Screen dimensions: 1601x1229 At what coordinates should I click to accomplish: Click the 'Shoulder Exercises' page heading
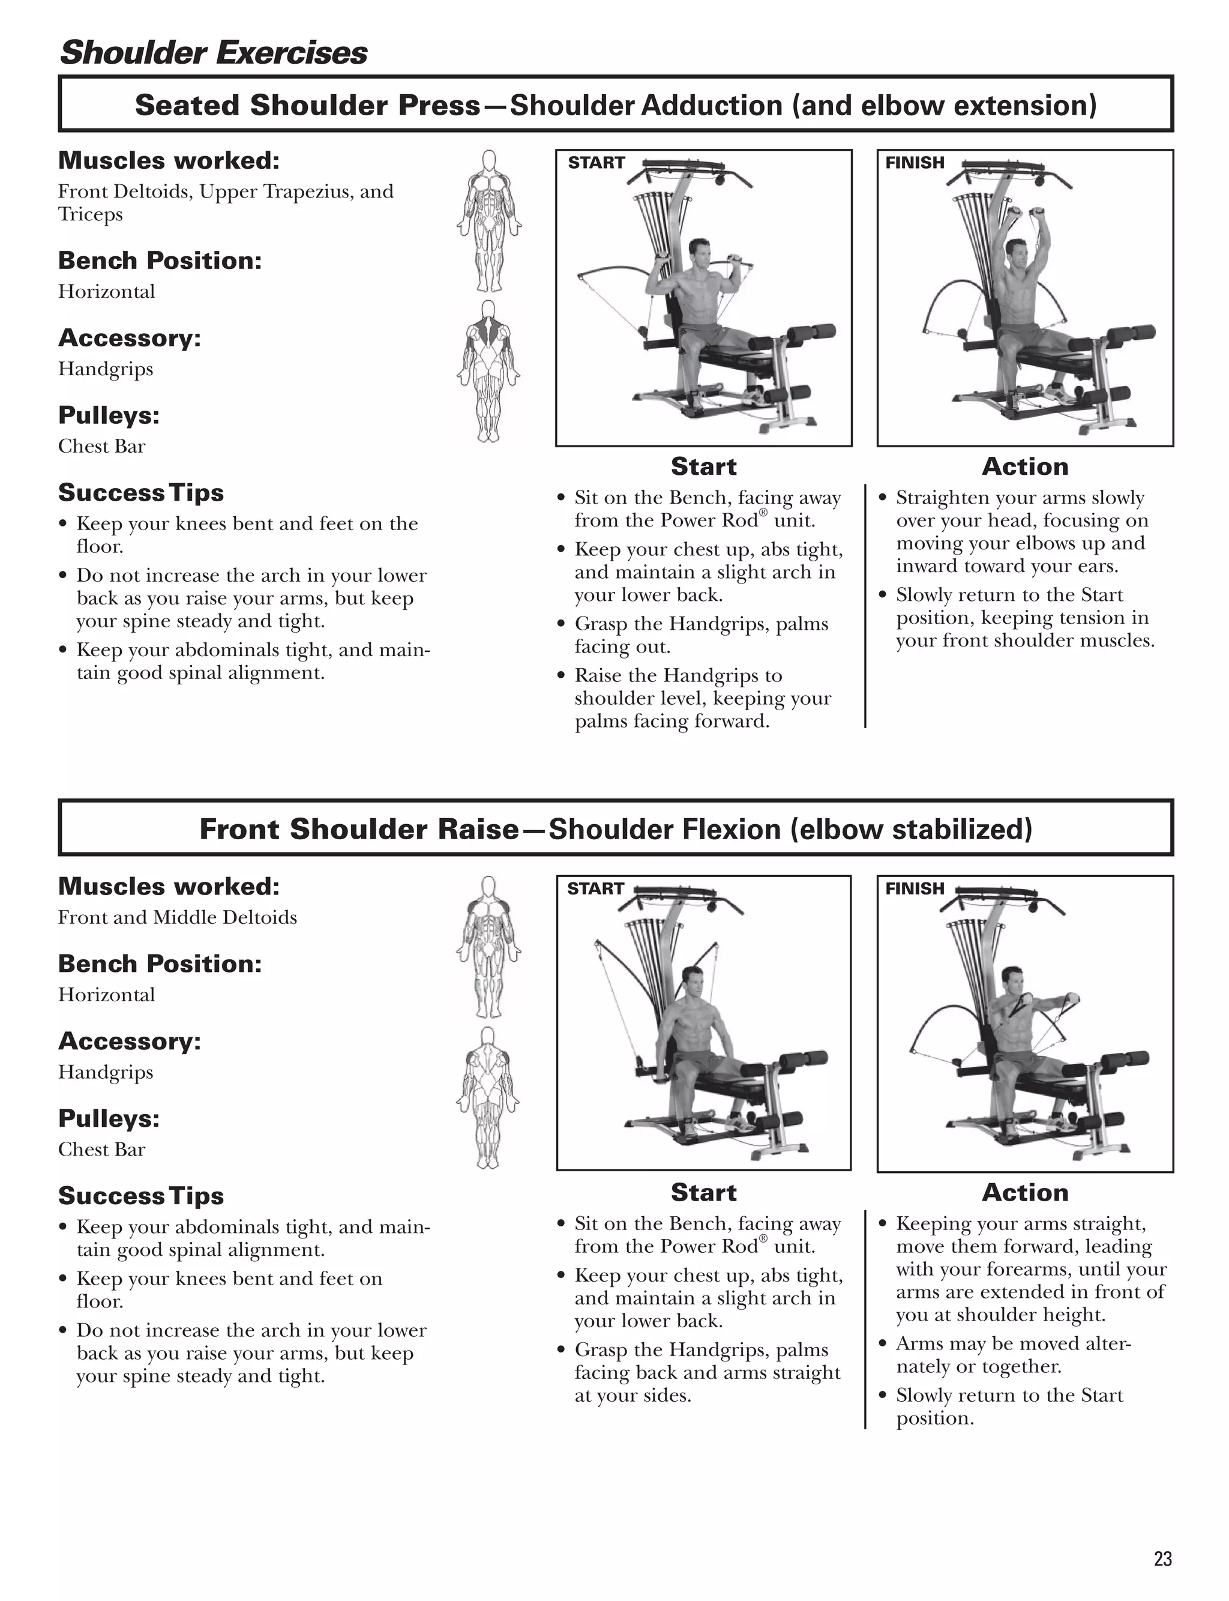[x=213, y=53]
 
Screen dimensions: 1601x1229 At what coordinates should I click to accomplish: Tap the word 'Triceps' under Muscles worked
[x=90, y=214]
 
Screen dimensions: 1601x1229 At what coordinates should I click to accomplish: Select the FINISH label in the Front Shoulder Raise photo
[x=915, y=888]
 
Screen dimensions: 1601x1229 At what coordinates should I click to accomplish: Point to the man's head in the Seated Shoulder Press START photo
[x=699, y=253]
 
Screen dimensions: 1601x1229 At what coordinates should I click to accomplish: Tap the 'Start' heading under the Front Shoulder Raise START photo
[x=703, y=1192]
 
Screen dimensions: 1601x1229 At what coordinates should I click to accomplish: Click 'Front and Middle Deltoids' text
[x=177, y=918]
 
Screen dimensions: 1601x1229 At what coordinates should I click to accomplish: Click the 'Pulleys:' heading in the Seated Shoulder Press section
[x=108, y=415]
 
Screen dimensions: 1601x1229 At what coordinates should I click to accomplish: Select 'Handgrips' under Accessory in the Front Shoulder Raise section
[x=106, y=1072]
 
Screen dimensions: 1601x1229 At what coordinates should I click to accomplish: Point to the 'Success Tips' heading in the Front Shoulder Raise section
[x=140, y=1196]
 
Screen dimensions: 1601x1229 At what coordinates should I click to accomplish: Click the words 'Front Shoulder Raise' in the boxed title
[x=358, y=829]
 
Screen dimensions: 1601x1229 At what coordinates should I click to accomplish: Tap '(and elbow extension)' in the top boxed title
[x=945, y=106]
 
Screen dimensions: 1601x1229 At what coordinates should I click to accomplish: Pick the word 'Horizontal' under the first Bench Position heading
[x=106, y=291]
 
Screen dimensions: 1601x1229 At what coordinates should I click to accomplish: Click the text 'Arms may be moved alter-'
[x=1013, y=1343]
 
